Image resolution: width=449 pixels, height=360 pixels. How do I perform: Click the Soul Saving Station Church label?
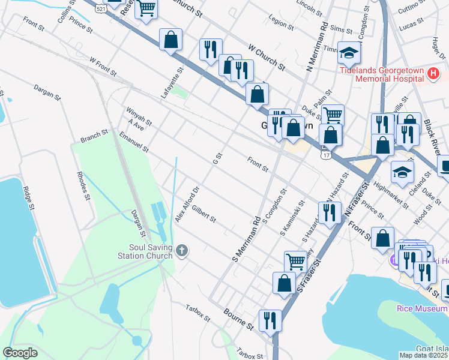(142, 251)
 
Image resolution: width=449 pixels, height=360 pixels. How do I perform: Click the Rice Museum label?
(423, 308)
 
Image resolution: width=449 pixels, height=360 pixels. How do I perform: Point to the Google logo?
(20, 353)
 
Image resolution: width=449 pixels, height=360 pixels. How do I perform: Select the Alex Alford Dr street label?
(187, 205)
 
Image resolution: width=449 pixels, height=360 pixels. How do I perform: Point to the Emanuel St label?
(133, 142)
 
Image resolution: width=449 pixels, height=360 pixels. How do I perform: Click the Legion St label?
(281, 22)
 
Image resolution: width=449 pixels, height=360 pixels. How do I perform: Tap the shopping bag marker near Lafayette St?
(171, 40)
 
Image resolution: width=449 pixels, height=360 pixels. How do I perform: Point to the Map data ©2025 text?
(424, 355)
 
